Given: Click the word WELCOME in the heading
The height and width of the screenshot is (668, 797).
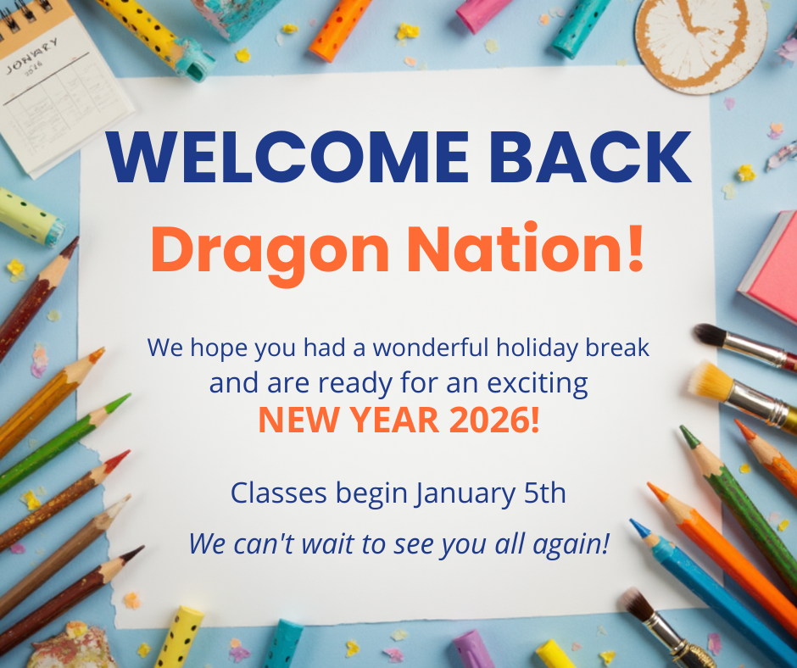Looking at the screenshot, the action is click(x=287, y=156).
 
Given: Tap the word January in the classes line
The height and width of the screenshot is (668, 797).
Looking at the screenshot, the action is click(x=464, y=494).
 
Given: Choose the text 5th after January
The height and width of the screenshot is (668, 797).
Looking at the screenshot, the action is click(x=545, y=493).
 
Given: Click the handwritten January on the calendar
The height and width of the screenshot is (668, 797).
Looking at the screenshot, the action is click(x=31, y=55).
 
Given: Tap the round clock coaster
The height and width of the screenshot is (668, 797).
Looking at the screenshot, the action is click(x=701, y=41).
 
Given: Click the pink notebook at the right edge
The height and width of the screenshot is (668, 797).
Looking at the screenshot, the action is click(x=769, y=267).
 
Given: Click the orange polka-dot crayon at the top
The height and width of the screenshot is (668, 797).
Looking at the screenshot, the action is click(x=339, y=29).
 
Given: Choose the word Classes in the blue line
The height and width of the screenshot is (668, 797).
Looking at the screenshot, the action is click(x=279, y=493).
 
